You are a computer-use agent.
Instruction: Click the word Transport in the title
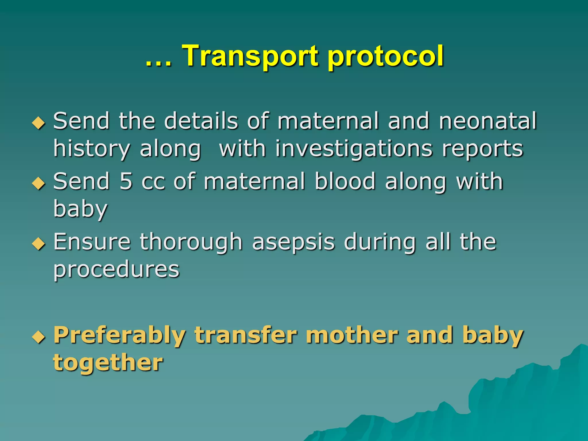(250, 56)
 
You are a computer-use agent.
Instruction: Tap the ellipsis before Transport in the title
(158, 62)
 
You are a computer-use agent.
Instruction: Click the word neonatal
(488, 121)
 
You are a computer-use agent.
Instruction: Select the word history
(91, 149)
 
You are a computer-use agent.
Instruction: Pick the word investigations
(354, 149)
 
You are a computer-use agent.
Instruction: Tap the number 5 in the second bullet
(126, 181)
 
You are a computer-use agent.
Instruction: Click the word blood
(345, 181)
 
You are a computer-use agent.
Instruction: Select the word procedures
(116, 270)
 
